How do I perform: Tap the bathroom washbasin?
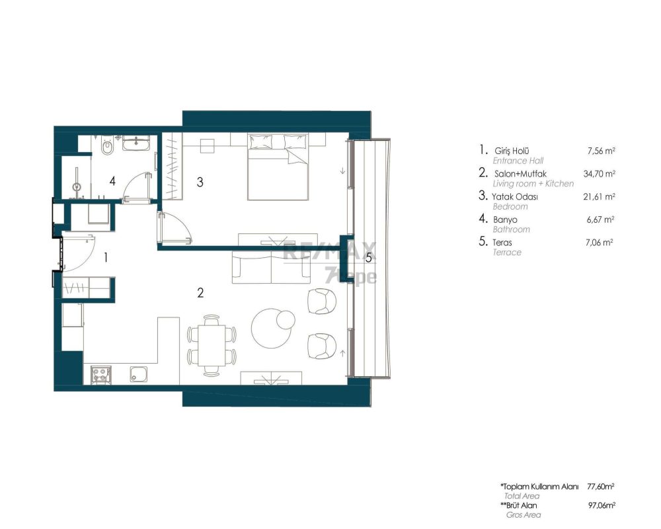point(136,143)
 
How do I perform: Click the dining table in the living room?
point(212,345)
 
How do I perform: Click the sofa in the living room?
point(272,266)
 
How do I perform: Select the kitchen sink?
point(139,374)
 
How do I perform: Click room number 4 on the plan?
point(112,181)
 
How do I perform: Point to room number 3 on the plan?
point(200,182)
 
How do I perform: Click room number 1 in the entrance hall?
point(106,257)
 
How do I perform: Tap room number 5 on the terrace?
point(369,257)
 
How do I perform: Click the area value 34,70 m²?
point(599,173)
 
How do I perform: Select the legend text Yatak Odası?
point(515,196)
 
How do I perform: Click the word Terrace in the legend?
point(507,252)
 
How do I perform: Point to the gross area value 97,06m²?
point(602,505)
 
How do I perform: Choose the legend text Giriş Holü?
point(512,151)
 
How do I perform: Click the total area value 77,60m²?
point(601,487)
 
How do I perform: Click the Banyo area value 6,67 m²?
point(600,220)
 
